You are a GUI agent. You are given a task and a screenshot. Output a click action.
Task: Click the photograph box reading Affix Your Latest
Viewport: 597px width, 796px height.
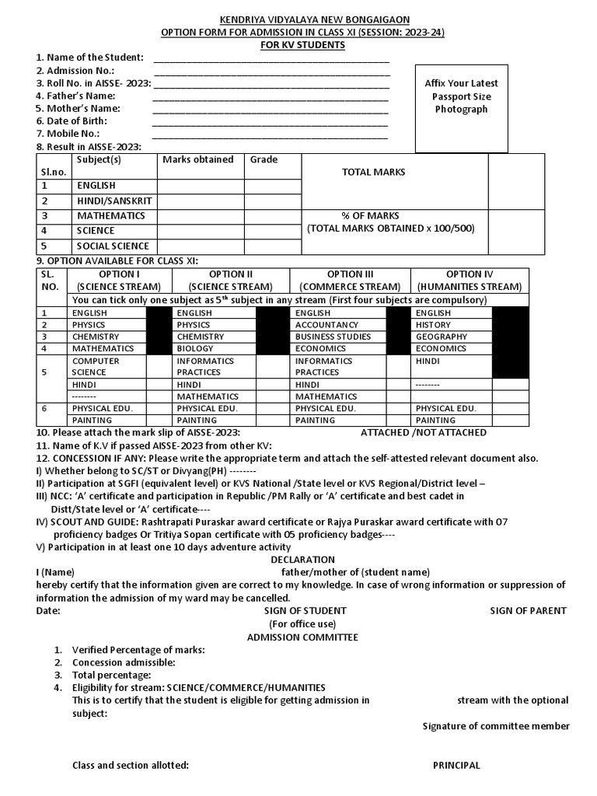[x=461, y=96]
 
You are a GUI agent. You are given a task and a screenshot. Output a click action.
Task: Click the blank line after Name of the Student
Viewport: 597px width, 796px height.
[x=271, y=58]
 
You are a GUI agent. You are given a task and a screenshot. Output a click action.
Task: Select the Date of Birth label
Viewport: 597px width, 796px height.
[x=72, y=121]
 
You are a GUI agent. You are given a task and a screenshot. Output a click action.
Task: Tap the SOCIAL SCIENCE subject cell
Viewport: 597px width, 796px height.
[x=113, y=246]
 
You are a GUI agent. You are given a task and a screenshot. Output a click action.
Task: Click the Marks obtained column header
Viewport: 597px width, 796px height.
[x=197, y=159]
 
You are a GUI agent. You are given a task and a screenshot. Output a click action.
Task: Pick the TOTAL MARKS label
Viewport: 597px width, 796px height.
[x=373, y=172]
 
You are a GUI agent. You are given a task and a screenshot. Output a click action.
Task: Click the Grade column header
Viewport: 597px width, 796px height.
[x=264, y=159]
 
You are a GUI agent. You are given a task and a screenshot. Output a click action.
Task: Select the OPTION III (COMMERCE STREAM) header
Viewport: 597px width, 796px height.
[x=351, y=281]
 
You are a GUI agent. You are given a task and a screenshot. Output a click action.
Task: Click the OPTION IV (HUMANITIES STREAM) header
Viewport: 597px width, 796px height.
[x=470, y=281]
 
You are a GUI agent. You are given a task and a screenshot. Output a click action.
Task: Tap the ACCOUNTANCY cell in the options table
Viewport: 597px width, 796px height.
[x=326, y=325]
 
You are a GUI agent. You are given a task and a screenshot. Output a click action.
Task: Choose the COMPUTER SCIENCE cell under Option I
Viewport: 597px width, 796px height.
[x=96, y=367]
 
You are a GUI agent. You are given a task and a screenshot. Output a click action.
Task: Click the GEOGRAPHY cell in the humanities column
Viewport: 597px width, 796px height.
[x=441, y=337]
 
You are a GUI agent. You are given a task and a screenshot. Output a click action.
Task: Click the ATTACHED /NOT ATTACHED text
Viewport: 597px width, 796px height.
[x=424, y=432]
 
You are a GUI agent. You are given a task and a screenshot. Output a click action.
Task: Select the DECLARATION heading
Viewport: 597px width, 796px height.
[x=302, y=560]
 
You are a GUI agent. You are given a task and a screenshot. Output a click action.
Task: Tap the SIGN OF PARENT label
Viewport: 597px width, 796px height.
[x=528, y=610]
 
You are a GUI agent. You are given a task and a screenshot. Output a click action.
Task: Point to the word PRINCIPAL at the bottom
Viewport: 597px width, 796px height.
[x=456, y=765]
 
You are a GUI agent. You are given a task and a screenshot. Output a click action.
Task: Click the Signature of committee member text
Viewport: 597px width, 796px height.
[x=495, y=726]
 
